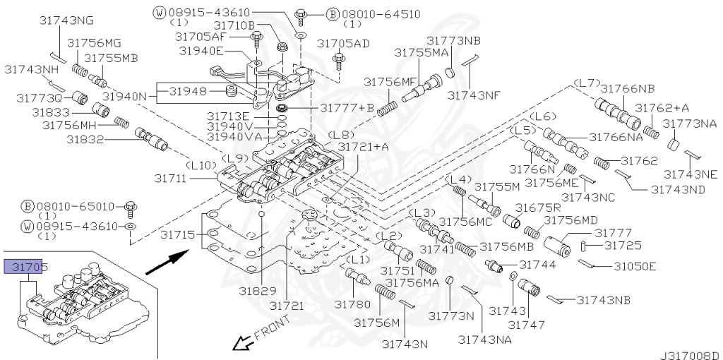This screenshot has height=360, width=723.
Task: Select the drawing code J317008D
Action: click(689, 354)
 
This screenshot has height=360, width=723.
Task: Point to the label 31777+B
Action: click(347, 108)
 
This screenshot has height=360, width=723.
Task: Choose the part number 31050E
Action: click(635, 266)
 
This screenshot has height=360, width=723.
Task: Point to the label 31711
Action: click(171, 179)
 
